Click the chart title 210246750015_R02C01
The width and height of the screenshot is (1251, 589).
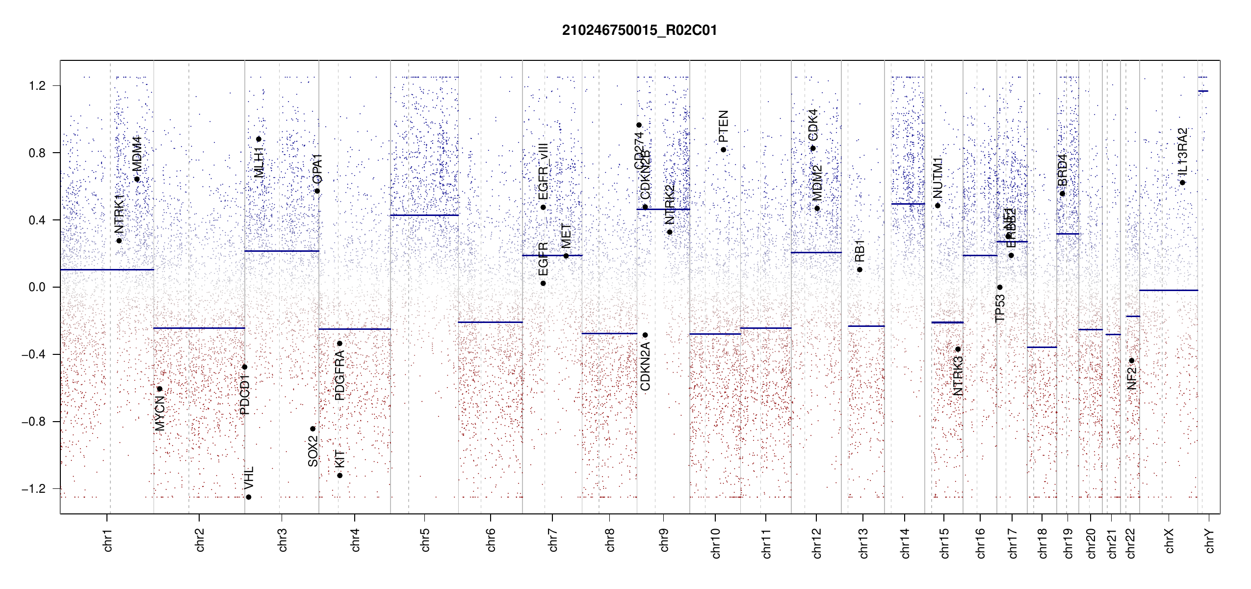pyautogui.click(x=639, y=30)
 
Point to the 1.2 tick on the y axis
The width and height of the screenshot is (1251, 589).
pyautogui.click(x=37, y=86)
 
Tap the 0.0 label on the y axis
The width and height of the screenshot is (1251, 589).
pyautogui.click(x=37, y=287)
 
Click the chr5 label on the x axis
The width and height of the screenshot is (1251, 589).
pyautogui.click(x=425, y=540)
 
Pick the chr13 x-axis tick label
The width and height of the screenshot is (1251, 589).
pyautogui.click(x=863, y=543)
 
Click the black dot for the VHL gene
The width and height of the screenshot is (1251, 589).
pyautogui.click(x=249, y=497)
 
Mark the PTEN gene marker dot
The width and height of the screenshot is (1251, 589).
pyautogui.click(x=724, y=150)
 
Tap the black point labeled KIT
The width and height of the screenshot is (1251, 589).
pyautogui.click(x=339, y=475)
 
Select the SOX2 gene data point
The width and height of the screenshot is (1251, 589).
pyautogui.click(x=313, y=429)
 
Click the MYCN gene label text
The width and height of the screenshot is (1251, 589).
pyautogui.click(x=160, y=413)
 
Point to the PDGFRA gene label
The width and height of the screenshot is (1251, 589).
pyautogui.click(x=339, y=375)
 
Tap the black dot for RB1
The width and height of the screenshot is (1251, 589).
pyautogui.click(x=860, y=269)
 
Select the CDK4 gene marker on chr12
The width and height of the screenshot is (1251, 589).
pyautogui.click(x=813, y=148)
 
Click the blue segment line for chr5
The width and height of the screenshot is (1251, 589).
pyautogui.click(x=424, y=215)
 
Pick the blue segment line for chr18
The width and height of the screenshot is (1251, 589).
pyautogui.click(x=1042, y=348)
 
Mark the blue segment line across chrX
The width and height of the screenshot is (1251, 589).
pyautogui.click(x=1169, y=291)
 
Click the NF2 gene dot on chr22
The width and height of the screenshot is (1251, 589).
pyautogui.click(x=1132, y=361)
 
